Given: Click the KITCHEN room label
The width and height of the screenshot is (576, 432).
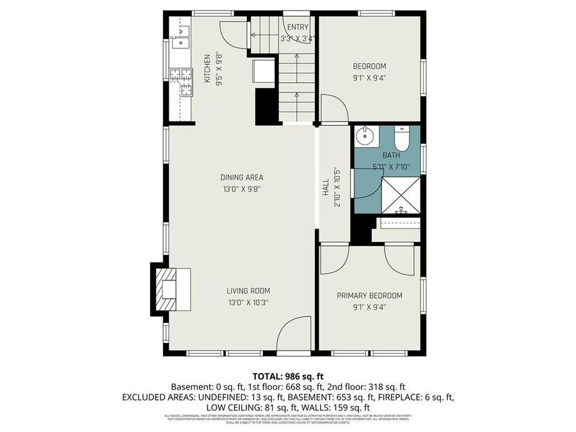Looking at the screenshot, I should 207,68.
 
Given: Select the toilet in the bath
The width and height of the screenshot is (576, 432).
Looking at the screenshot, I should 401,138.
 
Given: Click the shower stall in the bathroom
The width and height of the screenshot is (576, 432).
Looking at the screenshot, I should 401,195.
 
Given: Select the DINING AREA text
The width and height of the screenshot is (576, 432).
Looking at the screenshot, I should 242,177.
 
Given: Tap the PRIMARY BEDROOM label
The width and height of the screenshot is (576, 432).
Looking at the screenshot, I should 370,296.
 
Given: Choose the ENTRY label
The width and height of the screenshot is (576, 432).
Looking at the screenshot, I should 298,27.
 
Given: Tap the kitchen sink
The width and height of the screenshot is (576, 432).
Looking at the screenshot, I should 179,36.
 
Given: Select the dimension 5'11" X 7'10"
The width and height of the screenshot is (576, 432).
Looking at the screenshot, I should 391,167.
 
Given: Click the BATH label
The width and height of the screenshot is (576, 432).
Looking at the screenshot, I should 391,156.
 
